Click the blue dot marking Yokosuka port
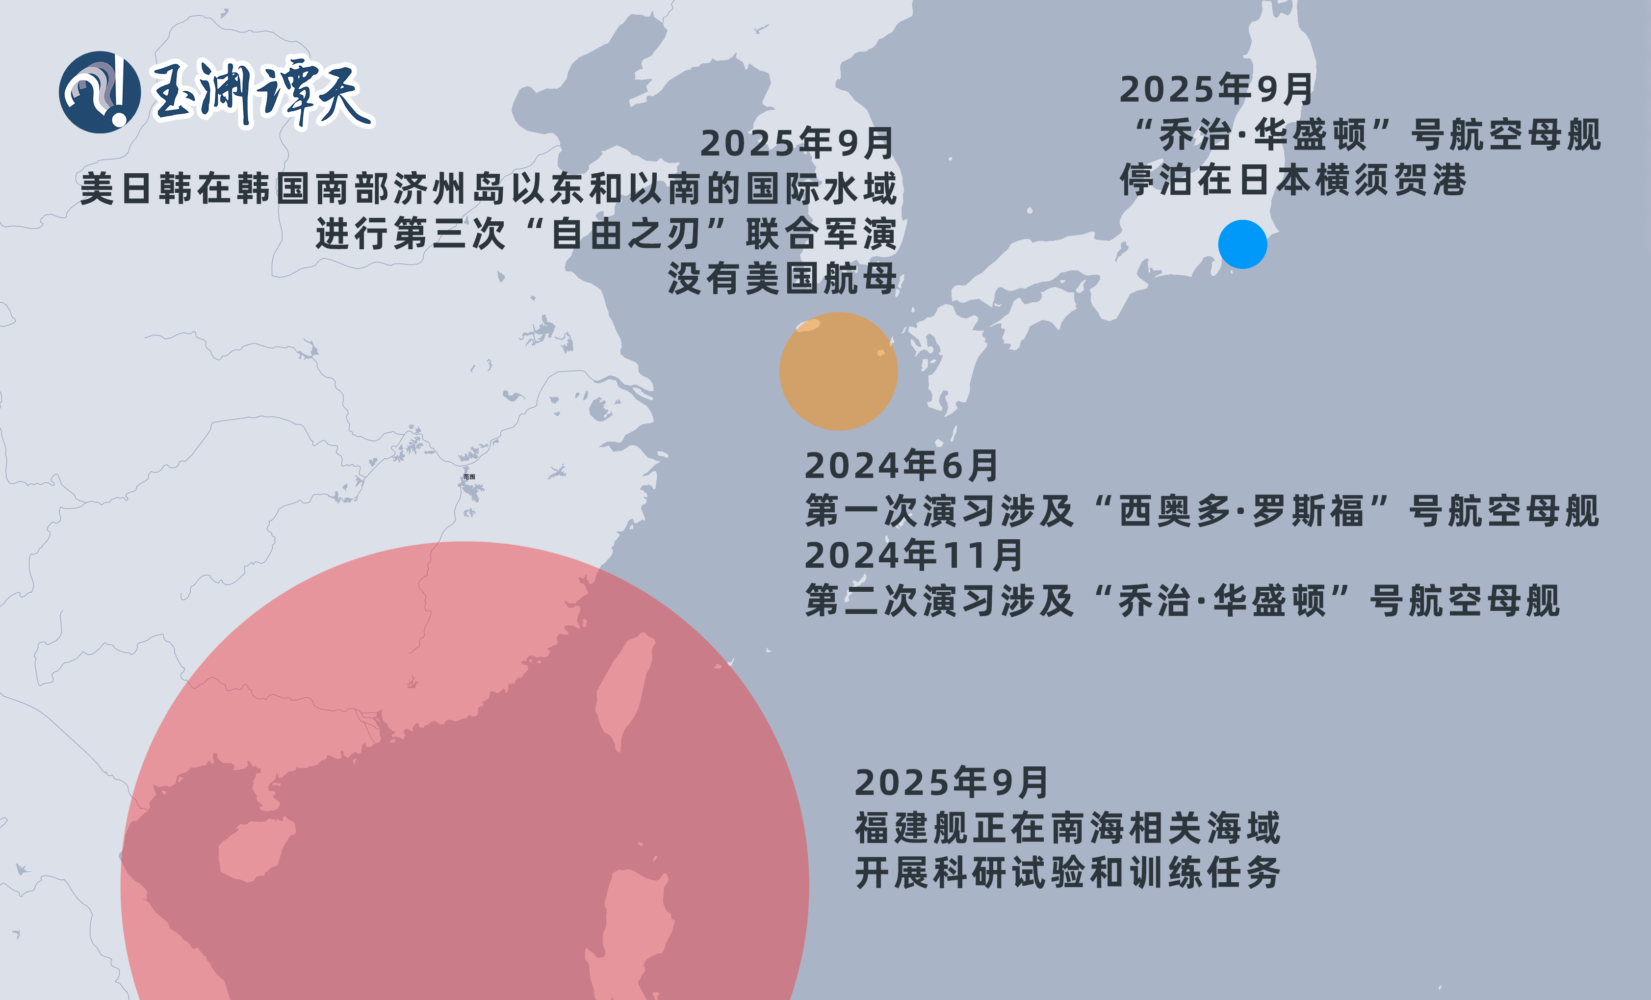point(1242,245)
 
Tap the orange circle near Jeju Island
point(838,371)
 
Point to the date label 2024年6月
point(901,466)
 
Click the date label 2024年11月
point(913,555)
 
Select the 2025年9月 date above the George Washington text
point(1215,89)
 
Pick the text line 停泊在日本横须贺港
point(1293,180)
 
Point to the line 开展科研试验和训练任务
point(1067,872)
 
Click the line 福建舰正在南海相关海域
point(1067,828)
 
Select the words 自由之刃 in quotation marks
point(625,234)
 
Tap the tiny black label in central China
point(469,476)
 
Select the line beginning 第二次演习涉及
point(1182,601)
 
